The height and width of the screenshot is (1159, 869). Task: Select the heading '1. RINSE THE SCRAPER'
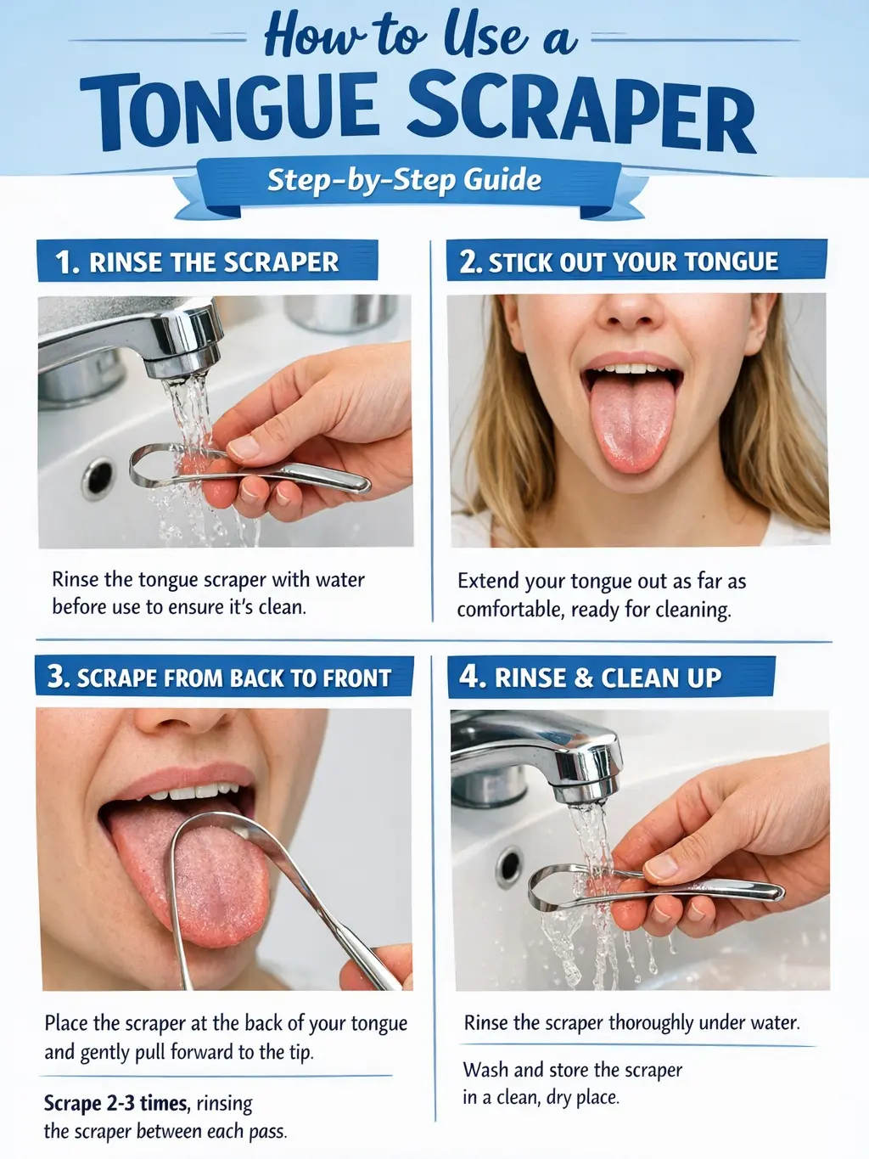(x=207, y=261)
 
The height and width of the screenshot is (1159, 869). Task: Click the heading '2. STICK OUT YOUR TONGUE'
(x=636, y=261)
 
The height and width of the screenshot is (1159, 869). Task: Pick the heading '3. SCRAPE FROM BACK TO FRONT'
(x=224, y=677)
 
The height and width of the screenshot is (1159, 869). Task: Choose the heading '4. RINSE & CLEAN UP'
(x=612, y=678)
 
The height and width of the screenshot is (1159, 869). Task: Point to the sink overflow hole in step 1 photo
(x=98, y=478)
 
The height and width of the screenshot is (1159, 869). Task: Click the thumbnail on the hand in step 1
(x=244, y=447)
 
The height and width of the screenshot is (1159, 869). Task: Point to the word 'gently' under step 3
(x=104, y=1054)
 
